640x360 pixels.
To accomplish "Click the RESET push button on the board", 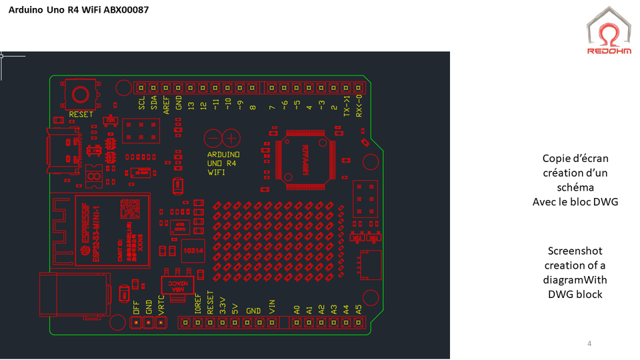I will (x=82, y=94).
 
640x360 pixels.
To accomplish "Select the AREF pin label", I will (x=166, y=105).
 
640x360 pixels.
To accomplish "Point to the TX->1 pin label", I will (x=347, y=106).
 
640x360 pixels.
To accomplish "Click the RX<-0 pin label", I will (x=359, y=106).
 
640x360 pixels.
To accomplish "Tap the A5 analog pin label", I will (x=359, y=310).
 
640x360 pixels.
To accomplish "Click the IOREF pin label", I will (x=197, y=303).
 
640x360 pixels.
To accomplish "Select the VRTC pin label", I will (x=161, y=304).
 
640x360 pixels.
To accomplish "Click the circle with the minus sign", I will (x=213, y=138).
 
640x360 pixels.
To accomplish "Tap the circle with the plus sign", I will (x=231, y=138).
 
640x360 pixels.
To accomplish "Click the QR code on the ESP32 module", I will (x=129, y=210).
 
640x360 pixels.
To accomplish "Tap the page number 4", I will (x=589, y=343).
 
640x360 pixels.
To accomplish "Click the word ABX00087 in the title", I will (x=125, y=10).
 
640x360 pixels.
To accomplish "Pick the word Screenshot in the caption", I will (x=575, y=251).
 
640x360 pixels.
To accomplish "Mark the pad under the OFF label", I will (x=136, y=322).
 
